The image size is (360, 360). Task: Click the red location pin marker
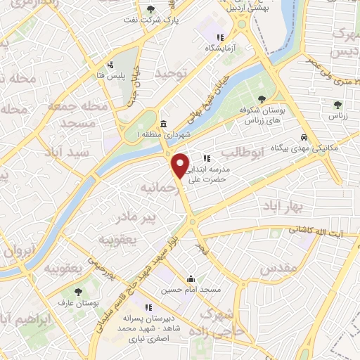pyautogui.click(x=181, y=165)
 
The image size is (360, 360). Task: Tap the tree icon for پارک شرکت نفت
pyautogui.click(x=150, y=9)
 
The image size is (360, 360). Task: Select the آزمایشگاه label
pyautogui.click(x=218, y=49)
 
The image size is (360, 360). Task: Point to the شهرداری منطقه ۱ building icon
pyautogui.click(x=163, y=124)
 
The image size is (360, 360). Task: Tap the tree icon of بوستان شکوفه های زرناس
pyautogui.click(x=262, y=99)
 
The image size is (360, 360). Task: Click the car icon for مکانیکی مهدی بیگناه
pyautogui.click(x=304, y=138)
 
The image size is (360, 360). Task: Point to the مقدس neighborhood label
pyautogui.click(x=274, y=269)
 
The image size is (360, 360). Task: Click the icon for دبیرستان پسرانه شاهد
pyautogui.click(x=149, y=307)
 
